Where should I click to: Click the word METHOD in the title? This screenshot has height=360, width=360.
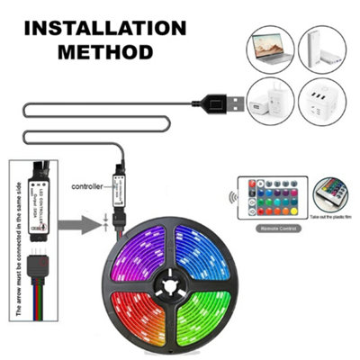point(106,51)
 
